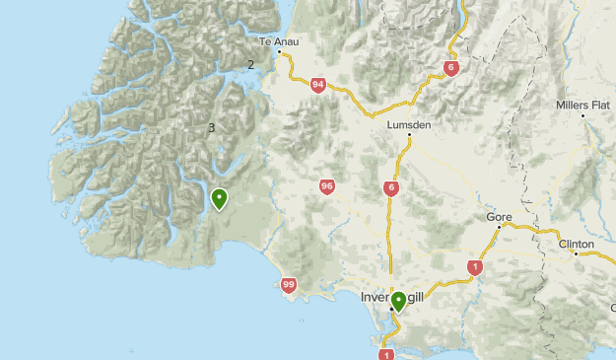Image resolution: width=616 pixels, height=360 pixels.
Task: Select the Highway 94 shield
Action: (x=316, y=85)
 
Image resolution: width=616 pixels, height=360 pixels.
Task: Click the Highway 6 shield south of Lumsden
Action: (x=392, y=188)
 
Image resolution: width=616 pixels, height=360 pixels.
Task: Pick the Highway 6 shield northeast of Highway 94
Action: (x=450, y=68)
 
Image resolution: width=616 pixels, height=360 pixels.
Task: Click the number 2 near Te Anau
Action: (x=250, y=65)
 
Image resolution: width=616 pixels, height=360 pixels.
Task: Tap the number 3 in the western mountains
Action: (x=211, y=127)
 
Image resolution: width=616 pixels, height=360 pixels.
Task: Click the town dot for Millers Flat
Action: (x=582, y=116)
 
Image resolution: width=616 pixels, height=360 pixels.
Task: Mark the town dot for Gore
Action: (x=500, y=227)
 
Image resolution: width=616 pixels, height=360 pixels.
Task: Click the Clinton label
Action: (x=576, y=243)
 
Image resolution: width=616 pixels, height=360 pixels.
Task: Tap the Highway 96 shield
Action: (x=326, y=185)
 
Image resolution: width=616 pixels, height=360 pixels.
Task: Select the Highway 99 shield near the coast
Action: (x=289, y=285)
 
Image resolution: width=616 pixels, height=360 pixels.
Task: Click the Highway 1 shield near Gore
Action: (x=475, y=266)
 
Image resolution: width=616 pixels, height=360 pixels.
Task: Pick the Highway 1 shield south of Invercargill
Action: (x=385, y=354)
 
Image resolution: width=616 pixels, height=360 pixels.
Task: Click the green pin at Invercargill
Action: (x=398, y=301)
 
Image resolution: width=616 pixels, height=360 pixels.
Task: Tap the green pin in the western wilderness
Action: (x=219, y=198)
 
